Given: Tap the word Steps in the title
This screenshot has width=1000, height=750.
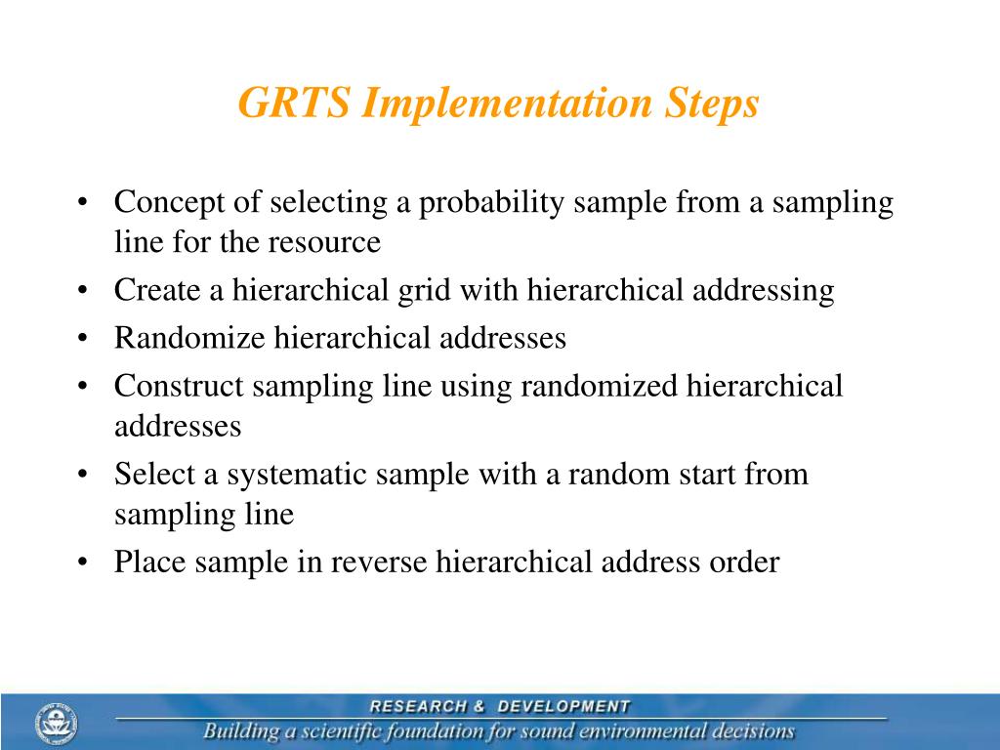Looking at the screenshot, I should coord(711,104).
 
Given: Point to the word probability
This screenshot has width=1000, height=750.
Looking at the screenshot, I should coord(492,202).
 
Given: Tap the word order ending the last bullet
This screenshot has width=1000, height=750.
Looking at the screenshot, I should coord(744,562).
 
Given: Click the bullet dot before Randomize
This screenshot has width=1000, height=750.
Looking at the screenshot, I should coord(85,339).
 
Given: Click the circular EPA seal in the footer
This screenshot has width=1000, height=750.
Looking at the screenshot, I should coord(57,724).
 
